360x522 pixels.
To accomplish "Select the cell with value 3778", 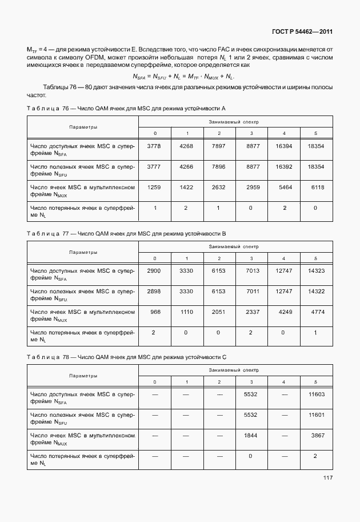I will click(154, 146).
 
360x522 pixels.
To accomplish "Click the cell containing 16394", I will click(283, 146).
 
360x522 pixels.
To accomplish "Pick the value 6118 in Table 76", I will click(316, 186).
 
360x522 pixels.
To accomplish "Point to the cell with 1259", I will click(154, 186).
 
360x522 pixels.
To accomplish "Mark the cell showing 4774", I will click(316, 312).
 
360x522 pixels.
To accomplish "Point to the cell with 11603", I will click(316, 395).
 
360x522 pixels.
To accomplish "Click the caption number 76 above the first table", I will click(65, 108).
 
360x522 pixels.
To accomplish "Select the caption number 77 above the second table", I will click(65, 233).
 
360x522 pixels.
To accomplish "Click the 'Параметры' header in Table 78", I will click(83, 376).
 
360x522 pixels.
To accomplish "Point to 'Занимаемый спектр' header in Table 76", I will click(235, 122).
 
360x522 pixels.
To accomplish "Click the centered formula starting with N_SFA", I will click(183, 76).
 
